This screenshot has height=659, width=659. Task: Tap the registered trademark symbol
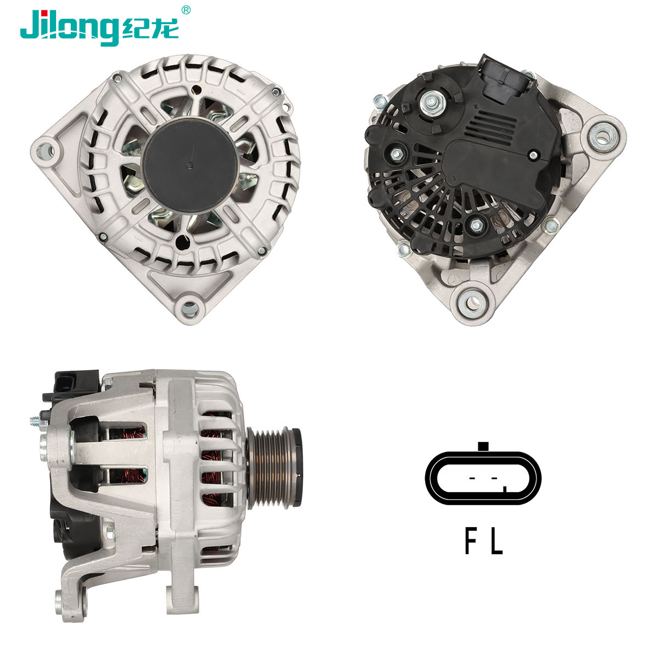pyautogui.click(x=186, y=10)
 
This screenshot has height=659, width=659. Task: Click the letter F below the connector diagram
pyautogui.click(x=471, y=541)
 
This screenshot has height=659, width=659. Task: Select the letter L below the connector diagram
pyautogui.click(x=496, y=541)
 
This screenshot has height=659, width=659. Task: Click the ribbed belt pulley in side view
pyautogui.click(x=275, y=468)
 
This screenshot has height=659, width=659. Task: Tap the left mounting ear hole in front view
pyautogui.click(x=45, y=150)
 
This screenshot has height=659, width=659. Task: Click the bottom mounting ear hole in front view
pyautogui.click(x=190, y=308)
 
